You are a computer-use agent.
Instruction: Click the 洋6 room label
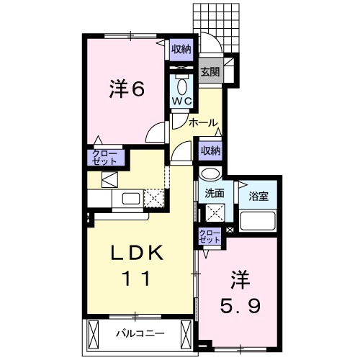(127, 89)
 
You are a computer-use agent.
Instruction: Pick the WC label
(180, 102)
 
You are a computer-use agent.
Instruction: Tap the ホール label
(204, 123)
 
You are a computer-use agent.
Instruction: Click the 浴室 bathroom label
(257, 194)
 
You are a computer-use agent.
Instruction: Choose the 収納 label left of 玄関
(181, 49)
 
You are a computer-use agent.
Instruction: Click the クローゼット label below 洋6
(106, 158)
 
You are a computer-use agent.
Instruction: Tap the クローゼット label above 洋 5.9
(210, 236)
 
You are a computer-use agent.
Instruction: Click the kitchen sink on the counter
(132, 198)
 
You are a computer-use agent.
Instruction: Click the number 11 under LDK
(138, 279)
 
